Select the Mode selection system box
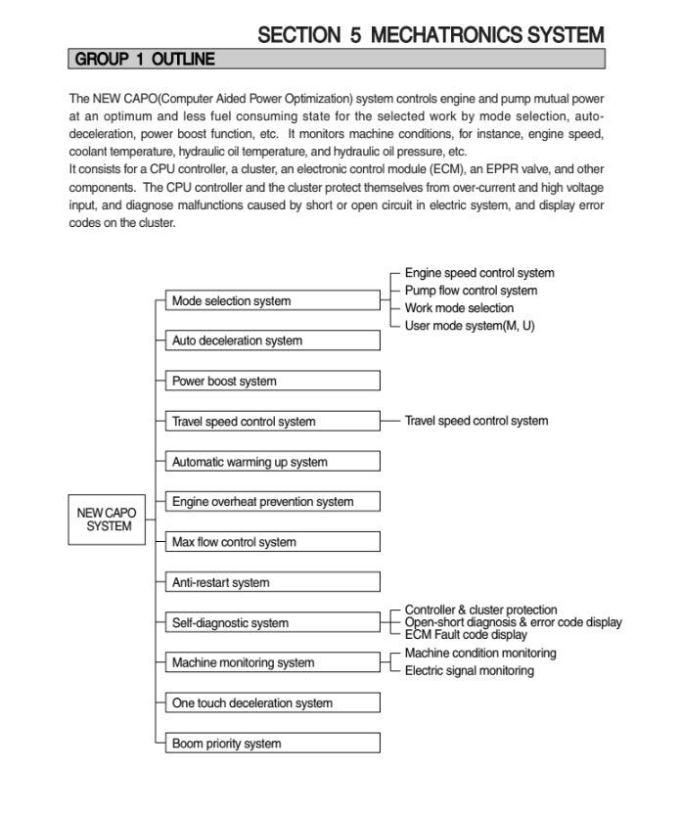[270, 301]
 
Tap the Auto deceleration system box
[270, 341]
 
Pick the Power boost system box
[270, 382]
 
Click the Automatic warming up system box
[270, 462]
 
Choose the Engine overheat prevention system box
[270, 502]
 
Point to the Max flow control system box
[270, 542]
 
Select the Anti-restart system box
[270, 583]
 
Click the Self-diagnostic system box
[270, 623]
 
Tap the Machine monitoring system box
[270, 663]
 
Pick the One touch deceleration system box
[270, 703]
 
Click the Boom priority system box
[270, 744]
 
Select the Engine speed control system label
[479, 273]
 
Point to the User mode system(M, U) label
[470, 326]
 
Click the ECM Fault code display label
[466, 635]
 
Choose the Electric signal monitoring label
[470, 671]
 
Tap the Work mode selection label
[459, 308]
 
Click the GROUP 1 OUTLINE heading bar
[337, 60]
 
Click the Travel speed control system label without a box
[477, 421]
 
